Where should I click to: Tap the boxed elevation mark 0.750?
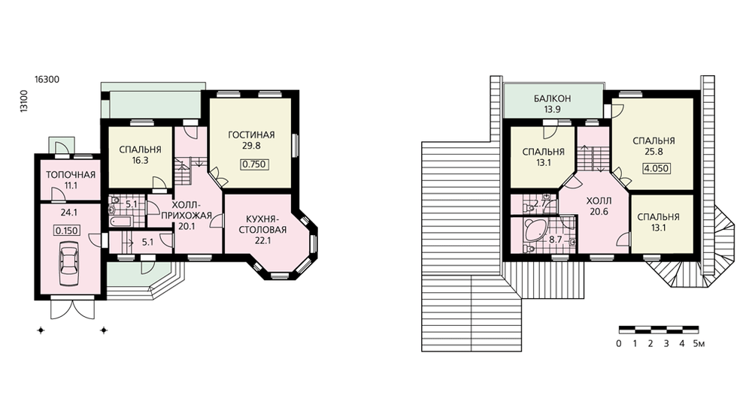tap(253, 164)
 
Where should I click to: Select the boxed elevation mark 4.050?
tap(656, 169)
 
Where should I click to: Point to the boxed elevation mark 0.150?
tap(67, 231)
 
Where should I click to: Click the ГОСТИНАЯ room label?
tap(251, 134)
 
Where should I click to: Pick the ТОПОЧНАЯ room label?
tap(71, 175)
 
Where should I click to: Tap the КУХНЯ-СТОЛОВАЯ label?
tap(262, 224)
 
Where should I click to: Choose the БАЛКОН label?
tap(553, 98)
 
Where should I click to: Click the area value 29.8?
tap(251, 146)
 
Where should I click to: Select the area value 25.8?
tap(653, 152)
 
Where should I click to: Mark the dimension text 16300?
tap(47, 80)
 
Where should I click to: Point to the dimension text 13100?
tap(24, 101)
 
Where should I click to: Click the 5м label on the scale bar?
tap(699, 343)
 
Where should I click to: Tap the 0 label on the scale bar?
tap(619, 343)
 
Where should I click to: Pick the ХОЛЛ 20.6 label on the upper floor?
tap(599, 206)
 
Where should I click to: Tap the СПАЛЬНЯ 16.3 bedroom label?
tap(140, 155)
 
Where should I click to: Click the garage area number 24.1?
tap(69, 213)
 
